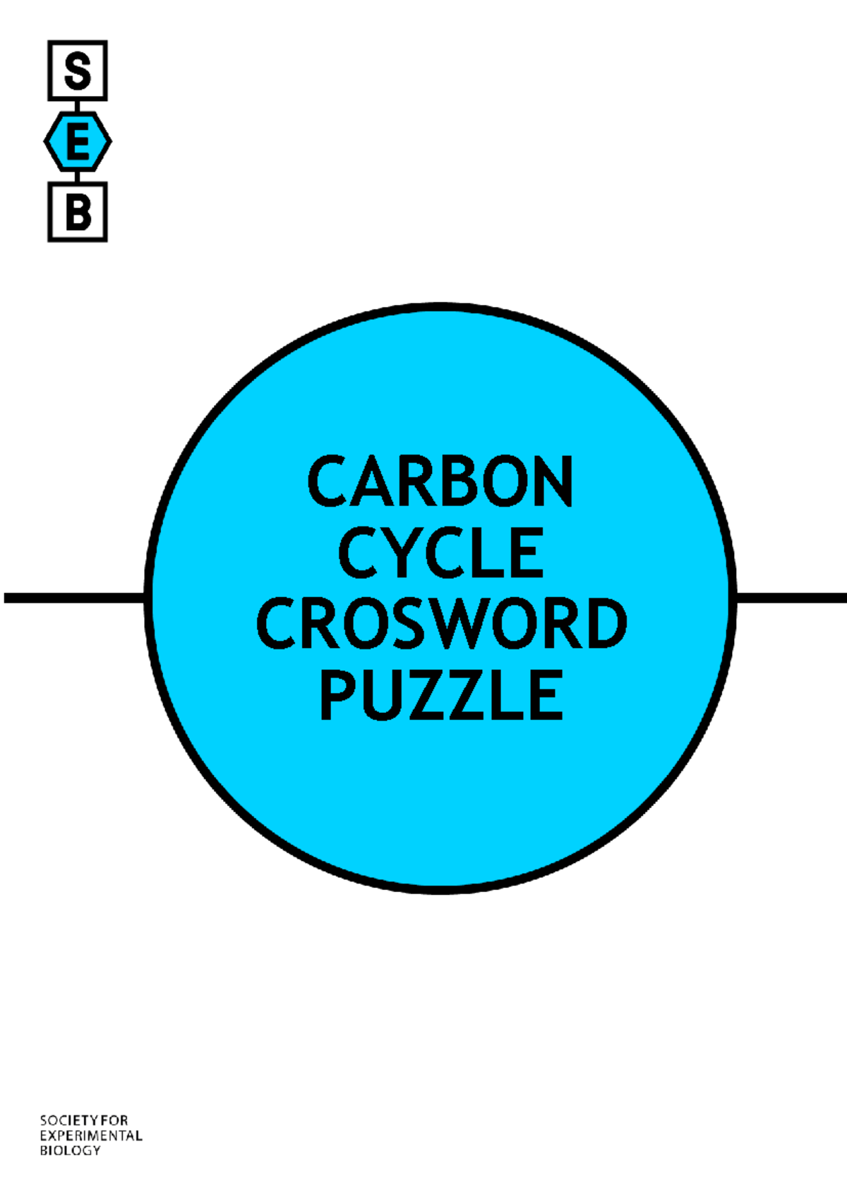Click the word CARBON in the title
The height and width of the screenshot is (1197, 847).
tap(440, 481)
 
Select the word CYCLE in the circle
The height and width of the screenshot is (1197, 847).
tap(441, 552)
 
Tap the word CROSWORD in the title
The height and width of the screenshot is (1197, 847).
tap(441, 623)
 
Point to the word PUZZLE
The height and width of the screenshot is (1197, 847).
tap(441, 694)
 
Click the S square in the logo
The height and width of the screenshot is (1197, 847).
tap(78, 71)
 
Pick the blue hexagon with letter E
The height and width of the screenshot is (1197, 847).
tap(78, 142)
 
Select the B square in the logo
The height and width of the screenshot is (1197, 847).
tap(78, 212)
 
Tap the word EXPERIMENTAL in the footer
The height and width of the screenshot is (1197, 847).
tap(91, 1136)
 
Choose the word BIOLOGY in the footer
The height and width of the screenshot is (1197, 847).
tap(71, 1150)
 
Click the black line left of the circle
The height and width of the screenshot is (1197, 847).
tap(74, 598)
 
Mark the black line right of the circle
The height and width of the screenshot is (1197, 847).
tap(791, 598)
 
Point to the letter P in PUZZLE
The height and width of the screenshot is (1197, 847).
tap(338, 694)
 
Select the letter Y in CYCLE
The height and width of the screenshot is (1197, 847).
tap(400, 552)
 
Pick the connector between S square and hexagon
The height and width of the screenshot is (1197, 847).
tap(78, 107)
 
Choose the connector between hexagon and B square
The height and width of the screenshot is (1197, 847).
tap(78, 177)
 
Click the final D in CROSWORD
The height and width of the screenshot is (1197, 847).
tap(606, 623)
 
